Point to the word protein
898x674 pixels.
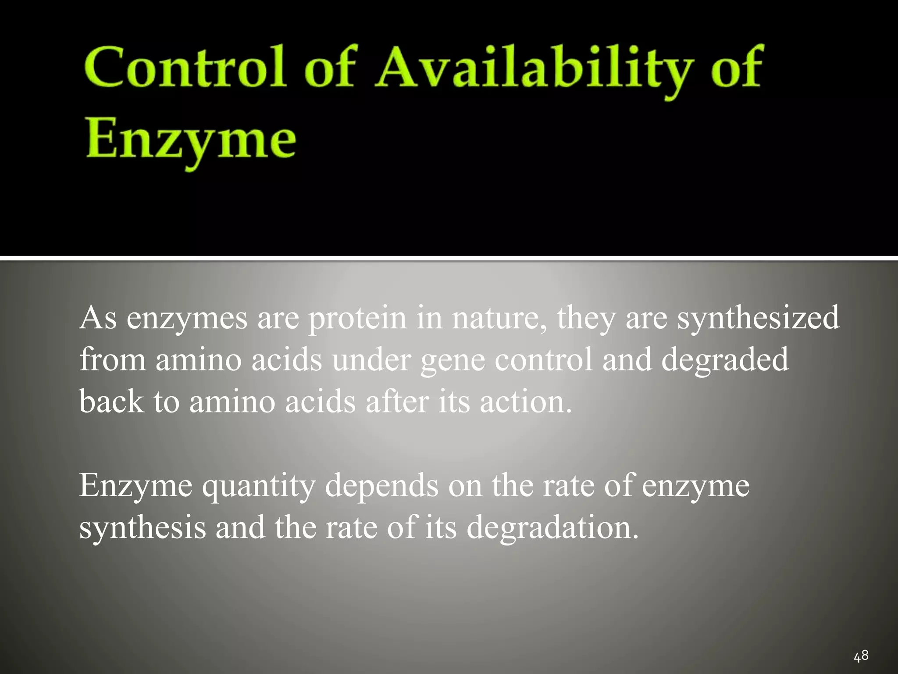coord(357,318)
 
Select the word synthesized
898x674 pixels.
coord(758,318)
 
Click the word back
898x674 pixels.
coord(111,401)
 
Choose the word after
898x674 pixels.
coord(396,401)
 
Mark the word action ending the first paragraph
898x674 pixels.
coord(526,401)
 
